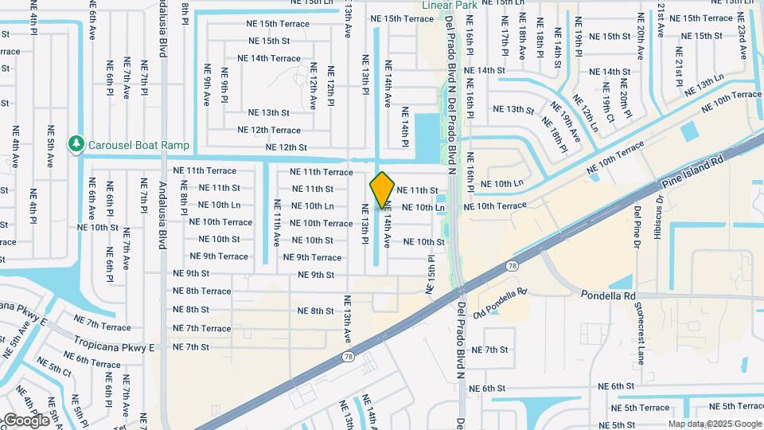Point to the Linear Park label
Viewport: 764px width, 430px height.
coord(450,5)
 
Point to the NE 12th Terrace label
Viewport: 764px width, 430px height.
coord(269,130)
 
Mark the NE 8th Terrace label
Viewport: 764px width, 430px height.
coord(202,291)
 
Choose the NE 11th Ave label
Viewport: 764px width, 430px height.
coord(277,221)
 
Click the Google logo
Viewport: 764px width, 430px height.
coord(26,420)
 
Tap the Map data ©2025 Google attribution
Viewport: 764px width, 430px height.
coord(715,424)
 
